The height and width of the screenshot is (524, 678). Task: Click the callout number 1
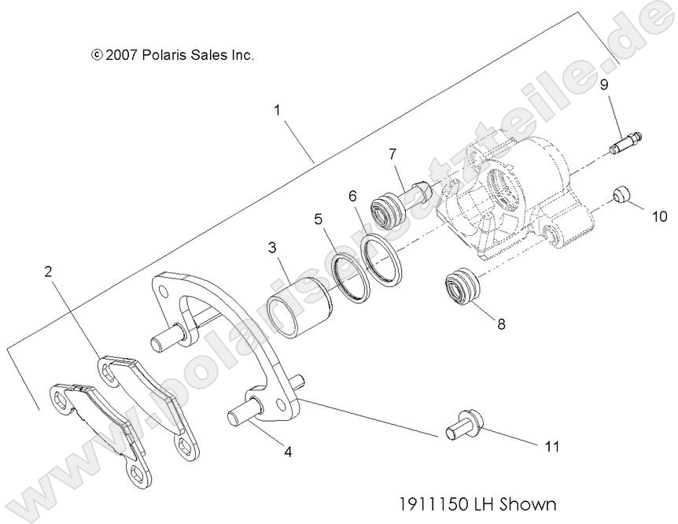point(277,110)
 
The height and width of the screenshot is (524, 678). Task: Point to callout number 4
point(288,452)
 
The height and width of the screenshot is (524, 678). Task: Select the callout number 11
point(552,446)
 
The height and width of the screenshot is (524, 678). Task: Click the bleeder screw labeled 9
point(626,143)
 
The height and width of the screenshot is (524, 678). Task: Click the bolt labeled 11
point(463,424)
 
